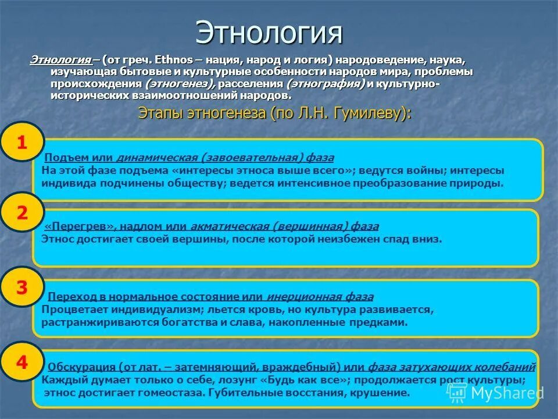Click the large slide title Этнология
pos(269,33)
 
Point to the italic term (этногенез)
pos(180,84)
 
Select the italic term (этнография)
pos(326,84)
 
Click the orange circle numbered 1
pos(22,143)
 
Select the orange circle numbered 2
pos(22,213)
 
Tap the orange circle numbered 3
pos(22,287)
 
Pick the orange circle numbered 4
pos(22,363)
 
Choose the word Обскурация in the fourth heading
pos(81,368)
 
